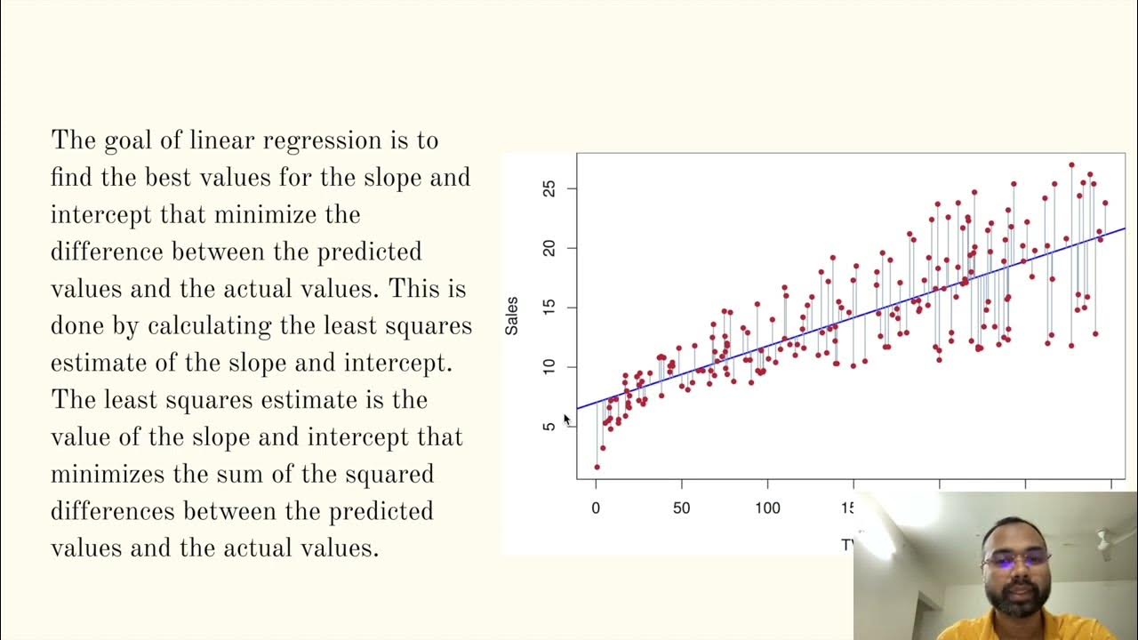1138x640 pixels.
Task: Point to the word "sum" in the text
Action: click(x=241, y=475)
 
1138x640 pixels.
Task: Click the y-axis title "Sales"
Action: click(x=512, y=316)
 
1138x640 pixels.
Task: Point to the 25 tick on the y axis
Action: click(x=549, y=188)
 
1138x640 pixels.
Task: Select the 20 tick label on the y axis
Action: click(x=549, y=248)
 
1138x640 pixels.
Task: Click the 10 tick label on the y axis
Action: click(x=549, y=367)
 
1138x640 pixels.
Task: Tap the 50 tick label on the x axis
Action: click(x=681, y=508)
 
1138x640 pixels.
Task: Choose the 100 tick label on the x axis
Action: click(x=767, y=508)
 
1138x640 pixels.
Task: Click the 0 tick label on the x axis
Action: click(x=596, y=508)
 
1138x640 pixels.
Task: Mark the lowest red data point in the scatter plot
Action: click(x=597, y=467)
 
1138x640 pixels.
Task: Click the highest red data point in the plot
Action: click(x=1071, y=165)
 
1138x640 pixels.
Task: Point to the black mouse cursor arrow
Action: click(x=567, y=420)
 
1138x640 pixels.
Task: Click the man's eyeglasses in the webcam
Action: click(x=1015, y=559)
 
